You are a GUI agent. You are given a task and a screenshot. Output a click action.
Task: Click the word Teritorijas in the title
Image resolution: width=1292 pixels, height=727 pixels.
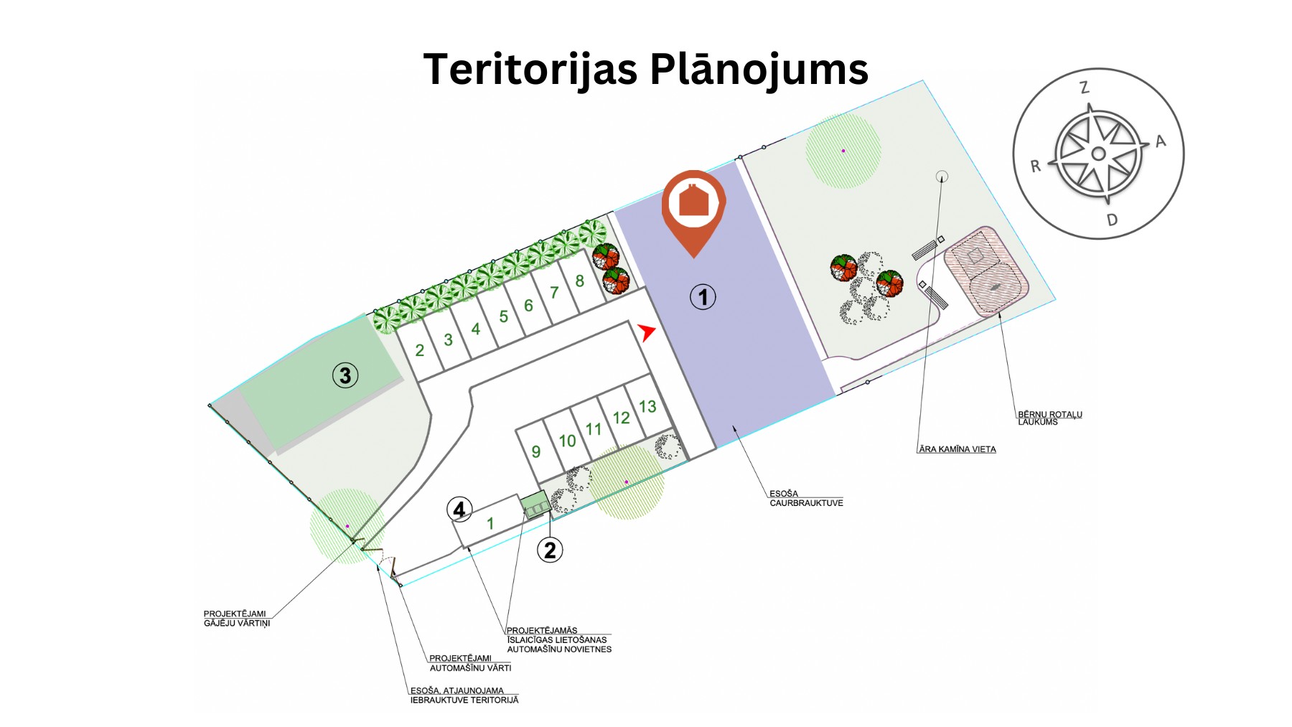[530, 69]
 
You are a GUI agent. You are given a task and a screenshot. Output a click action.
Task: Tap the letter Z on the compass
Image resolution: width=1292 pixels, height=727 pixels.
[1085, 88]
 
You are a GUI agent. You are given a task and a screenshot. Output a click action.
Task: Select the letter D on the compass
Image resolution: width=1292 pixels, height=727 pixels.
[1112, 220]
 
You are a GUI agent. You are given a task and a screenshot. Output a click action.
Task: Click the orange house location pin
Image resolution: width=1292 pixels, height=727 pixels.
[693, 207]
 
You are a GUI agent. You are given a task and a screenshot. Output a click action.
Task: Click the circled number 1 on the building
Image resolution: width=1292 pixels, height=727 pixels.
[703, 297]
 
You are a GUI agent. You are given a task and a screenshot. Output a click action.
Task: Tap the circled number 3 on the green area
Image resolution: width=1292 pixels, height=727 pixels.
[345, 375]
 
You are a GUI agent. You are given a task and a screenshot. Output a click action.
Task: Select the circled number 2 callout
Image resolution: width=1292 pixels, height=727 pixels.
[550, 550]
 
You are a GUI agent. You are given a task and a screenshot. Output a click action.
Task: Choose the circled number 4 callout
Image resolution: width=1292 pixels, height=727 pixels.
[459, 510]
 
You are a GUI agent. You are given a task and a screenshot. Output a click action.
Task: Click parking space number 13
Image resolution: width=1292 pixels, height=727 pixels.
[647, 407]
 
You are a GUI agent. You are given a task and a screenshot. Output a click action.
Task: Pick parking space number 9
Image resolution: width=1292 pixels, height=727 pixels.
[535, 451]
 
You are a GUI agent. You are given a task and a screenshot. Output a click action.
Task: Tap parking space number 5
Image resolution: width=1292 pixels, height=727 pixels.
[503, 316]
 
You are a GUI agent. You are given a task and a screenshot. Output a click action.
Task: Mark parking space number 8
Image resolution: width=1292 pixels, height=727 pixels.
[579, 281]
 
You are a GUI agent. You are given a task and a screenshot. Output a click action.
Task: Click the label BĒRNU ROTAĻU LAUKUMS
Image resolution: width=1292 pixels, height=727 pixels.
[1049, 418]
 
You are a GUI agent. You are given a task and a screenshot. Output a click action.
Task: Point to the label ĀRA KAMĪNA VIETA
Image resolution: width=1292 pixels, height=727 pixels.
[957, 449]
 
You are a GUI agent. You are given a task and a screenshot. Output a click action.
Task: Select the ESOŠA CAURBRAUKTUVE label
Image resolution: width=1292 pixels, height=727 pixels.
[805, 498]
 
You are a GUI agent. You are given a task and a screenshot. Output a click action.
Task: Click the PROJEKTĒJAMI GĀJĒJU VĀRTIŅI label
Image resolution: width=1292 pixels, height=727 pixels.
[236, 619]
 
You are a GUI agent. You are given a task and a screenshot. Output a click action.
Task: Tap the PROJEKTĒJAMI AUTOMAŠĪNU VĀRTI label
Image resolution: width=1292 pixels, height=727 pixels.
[469, 663]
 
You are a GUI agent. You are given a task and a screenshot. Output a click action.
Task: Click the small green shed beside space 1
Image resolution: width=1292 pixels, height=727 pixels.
[535, 503]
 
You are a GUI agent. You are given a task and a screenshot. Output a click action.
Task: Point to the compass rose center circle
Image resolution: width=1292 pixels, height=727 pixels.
[1098, 154]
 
